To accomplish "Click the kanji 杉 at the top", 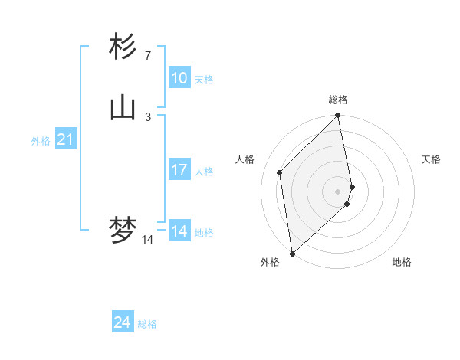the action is [x=123, y=47].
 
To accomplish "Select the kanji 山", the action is [x=123, y=108].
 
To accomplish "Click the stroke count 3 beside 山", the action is [x=147, y=116].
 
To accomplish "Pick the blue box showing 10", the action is [x=179, y=78].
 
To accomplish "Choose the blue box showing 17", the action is [x=179, y=170].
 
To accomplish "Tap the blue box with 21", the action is [x=66, y=139].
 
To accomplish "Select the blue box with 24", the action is [x=123, y=322].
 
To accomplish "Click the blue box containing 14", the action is [x=179, y=231].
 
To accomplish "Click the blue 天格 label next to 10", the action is [x=204, y=80].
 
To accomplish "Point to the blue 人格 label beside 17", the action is [x=204, y=172].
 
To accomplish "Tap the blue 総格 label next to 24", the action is [x=147, y=324].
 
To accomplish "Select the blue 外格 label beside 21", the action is [x=41, y=141].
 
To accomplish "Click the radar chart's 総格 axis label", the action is [x=338, y=100].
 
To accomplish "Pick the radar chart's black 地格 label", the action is [x=402, y=262].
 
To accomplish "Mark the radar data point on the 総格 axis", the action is [x=338, y=116].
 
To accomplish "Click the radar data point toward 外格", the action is [x=292, y=254].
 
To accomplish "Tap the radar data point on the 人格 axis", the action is [x=280, y=172].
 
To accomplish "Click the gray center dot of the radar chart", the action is [x=338, y=191].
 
